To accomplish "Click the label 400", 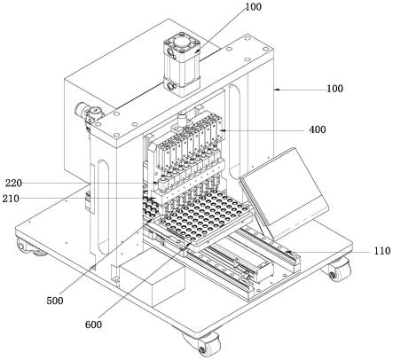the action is tap(318, 129).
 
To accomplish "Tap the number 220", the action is tap(13, 184).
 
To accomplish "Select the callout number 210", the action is tap(11, 199).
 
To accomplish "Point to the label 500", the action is tap(55, 301).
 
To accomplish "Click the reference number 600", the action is tap(93, 325).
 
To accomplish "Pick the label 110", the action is tap(382, 251).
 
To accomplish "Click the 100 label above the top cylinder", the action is tap(253, 7).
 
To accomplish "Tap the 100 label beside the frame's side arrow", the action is tap(334, 89).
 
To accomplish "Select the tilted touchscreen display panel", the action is tap(285, 192).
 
